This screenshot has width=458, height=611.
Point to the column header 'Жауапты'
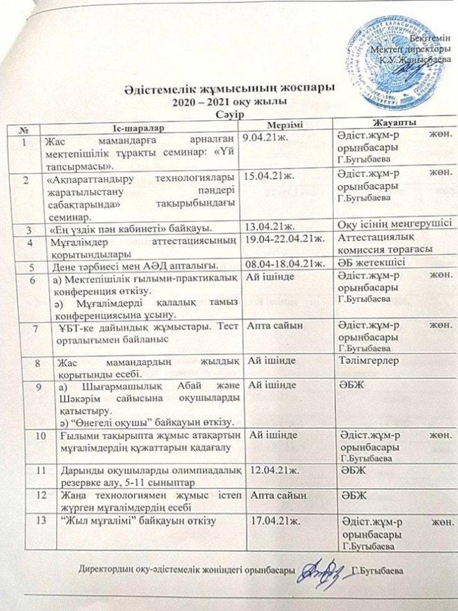pyautogui.click(x=390, y=123)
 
